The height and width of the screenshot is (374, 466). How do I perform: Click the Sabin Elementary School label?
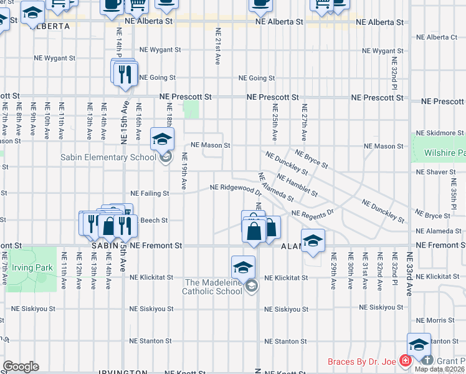[x=108, y=157]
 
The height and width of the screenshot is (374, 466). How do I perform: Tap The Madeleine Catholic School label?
[x=212, y=287]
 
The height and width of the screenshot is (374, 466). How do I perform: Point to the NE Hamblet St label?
[x=297, y=186]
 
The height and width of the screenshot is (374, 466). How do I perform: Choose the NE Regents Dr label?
[x=313, y=213]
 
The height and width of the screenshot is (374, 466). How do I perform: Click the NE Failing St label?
[x=149, y=194]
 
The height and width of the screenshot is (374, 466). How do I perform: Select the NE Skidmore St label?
[x=440, y=133]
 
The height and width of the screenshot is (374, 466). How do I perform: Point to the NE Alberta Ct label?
[x=437, y=37]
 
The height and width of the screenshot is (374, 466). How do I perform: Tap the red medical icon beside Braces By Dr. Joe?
[x=405, y=361]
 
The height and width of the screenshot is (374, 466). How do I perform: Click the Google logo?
[x=21, y=367]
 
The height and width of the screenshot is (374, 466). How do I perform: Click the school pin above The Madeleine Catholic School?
[x=242, y=267]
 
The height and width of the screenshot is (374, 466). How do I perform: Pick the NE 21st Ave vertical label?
[x=217, y=47]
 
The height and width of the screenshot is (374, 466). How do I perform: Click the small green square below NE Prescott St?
[x=192, y=110]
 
